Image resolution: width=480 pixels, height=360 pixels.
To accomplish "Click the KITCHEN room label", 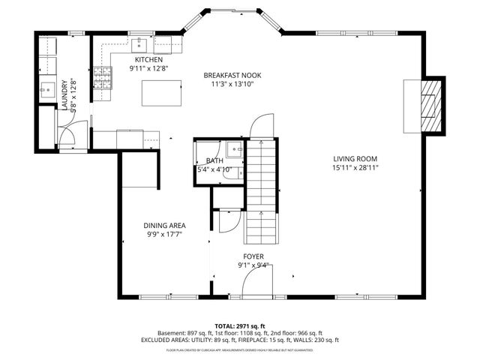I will [148, 59].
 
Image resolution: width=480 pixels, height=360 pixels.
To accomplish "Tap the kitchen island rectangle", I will [163, 94].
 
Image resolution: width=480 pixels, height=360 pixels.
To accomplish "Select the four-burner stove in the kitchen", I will [103, 76].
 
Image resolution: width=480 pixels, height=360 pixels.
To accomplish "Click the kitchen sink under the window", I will [140, 43].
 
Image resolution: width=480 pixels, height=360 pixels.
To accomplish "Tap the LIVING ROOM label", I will [355, 158].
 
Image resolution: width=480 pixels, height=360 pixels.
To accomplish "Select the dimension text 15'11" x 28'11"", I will [355, 168].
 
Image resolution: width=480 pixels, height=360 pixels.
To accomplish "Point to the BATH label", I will [214, 160].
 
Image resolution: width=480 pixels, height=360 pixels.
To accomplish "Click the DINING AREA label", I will [164, 225].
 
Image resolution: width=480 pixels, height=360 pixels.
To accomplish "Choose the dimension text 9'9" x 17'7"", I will [164, 235].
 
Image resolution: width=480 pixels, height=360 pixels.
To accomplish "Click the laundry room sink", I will [45, 88].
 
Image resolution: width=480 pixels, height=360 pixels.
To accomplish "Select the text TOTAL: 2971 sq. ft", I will [239, 325].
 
